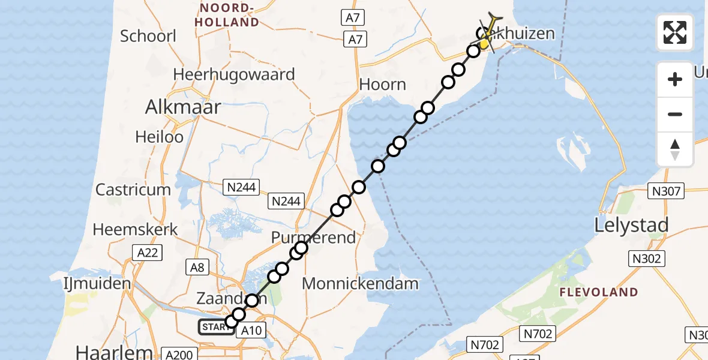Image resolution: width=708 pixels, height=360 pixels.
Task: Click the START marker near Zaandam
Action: tap(215, 327)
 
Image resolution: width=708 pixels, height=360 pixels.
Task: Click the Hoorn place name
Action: tap(383, 85)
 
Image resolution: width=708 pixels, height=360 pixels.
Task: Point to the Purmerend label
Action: tap(313, 238)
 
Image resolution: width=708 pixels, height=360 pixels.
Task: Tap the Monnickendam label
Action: tap(360, 283)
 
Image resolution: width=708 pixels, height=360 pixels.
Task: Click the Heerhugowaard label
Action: tap(234, 74)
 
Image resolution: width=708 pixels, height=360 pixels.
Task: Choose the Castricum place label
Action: tap(133, 190)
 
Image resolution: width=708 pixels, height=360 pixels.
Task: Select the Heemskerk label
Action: tap(136, 229)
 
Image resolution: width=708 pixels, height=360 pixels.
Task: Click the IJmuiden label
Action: tap(97, 283)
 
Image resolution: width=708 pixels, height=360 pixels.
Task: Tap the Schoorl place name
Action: tap(148, 36)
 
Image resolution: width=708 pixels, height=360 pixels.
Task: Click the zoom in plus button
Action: tap(675, 79)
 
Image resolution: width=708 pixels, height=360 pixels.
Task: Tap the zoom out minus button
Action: tap(675, 114)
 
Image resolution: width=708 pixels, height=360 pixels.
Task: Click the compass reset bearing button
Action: tap(675, 149)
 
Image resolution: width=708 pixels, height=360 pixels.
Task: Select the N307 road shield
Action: tap(666, 191)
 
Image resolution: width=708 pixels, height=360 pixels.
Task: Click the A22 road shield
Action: tap(147, 253)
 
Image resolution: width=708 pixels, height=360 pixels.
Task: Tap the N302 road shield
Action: tap(646, 259)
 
